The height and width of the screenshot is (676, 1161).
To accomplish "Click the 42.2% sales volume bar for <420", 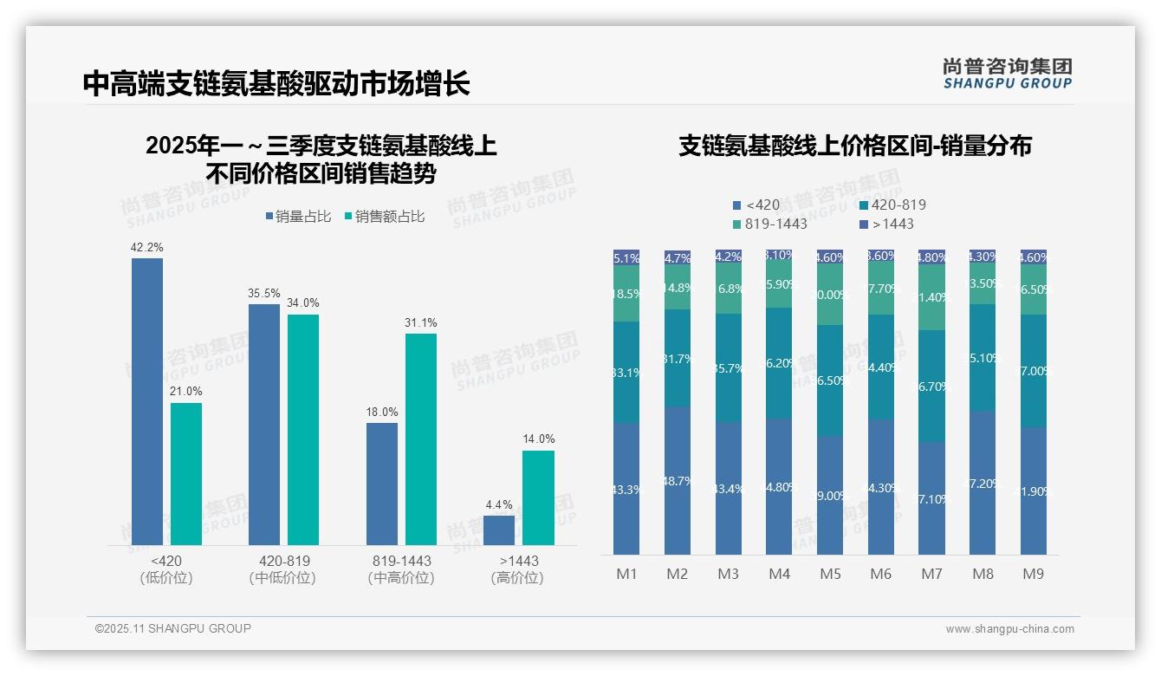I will point(147,401).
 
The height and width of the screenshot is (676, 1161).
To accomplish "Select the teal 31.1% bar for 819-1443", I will point(421,439).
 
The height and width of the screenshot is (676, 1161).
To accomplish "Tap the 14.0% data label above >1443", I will point(538,439).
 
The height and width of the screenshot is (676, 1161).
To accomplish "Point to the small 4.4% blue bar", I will point(499,530).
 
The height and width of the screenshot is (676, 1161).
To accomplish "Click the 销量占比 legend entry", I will point(297,217).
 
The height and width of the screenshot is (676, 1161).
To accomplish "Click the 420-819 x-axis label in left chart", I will point(284,561).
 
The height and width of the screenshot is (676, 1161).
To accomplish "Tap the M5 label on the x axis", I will point(830,574).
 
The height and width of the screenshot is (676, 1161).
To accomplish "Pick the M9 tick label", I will point(1033,574).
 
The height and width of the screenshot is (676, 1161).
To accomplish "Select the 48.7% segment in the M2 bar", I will point(677,480).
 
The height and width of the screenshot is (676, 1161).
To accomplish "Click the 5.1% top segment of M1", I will point(626,257).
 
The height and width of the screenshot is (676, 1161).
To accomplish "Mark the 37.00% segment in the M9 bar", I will point(1033,371).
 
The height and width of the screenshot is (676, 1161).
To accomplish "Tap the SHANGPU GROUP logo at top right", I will point(1007,74).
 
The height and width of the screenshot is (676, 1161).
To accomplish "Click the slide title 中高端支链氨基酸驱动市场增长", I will point(276,83).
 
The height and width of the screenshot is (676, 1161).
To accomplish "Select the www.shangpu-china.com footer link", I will point(1009,629).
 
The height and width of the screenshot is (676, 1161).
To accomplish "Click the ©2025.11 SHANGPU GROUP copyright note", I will point(173,628).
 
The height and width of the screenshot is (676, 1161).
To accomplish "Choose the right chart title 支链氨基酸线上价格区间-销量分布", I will point(854,146).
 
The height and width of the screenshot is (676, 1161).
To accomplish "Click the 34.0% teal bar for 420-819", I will point(303,429).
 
